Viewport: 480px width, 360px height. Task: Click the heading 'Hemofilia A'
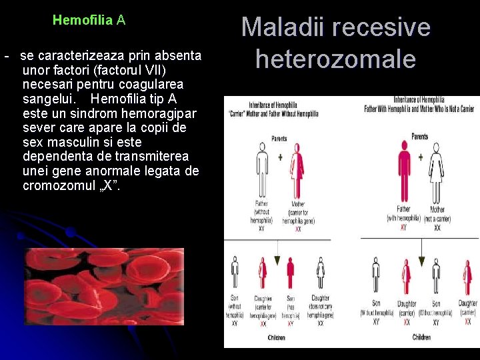click(89, 20)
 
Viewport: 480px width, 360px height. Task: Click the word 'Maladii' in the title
click(280, 28)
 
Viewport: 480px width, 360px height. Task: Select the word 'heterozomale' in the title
click(335, 59)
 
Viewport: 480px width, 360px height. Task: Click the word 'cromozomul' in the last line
click(60, 185)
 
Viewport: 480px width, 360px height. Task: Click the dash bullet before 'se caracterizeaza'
click(6, 55)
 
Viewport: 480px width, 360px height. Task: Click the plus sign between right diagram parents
click(420, 157)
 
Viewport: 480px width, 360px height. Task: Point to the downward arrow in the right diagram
click(421, 254)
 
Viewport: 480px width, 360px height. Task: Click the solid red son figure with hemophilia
click(291, 273)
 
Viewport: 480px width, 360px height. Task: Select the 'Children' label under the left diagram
click(276, 338)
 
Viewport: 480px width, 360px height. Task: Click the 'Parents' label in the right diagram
click(420, 136)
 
